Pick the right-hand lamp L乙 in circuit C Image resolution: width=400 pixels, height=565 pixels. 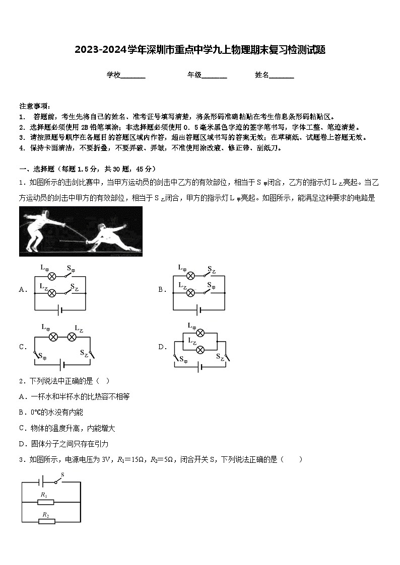pyautogui.click(x=72, y=337)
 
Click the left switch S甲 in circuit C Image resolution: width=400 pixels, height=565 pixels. pyautogui.click(x=38, y=355)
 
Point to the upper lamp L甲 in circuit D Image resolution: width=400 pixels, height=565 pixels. pyautogui.click(x=200, y=333)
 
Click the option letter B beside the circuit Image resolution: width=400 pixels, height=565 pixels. pyautogui.click(x=162, y=289)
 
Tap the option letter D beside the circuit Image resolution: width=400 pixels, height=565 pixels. pyautogui.click(x=162, y=347)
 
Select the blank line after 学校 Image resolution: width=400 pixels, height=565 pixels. pyautogui.click(x=133, y=75)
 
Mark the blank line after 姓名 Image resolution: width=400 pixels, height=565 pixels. pyautogui.click(x=282, y=75)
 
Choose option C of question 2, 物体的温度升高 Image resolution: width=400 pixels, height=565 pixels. pyautogui.click(x=68, y=428)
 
